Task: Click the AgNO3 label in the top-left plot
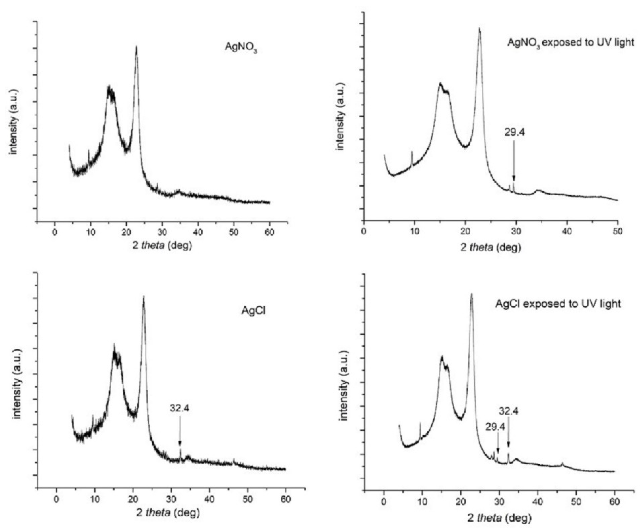[x=241, y=47]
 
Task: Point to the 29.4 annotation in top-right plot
[x=515, y=133]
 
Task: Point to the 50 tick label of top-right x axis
[x=617, y=231]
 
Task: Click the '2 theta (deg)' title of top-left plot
[x=162, y=245]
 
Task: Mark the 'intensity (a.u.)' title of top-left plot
[x=14, y=122]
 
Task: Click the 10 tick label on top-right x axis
[x=414, y=231]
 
